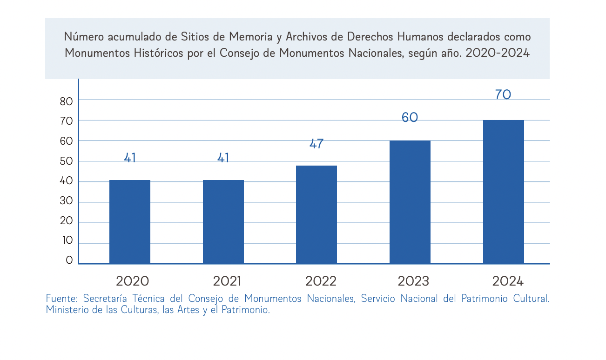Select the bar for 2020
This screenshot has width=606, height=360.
tap(130, 221)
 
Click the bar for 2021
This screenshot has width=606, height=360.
tap(223, 221)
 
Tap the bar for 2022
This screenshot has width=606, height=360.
tap(316, 214)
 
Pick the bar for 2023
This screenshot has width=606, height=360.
tap(410, 202)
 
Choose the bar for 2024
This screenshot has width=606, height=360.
tap(504, 192)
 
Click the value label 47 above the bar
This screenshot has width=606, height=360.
tap(316, 144)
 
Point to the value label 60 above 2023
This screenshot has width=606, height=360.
tap(410, 118)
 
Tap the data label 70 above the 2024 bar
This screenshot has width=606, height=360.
tap(503, 95)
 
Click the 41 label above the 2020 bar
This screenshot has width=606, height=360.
tap(130, 158)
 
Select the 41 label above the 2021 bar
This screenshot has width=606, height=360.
tap(223, 158)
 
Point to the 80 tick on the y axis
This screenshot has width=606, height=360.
tap(67, 102)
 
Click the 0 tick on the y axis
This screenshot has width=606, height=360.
tap(69, 260)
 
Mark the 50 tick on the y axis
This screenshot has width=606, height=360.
tap(67, 161)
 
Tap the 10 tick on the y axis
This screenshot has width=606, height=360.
tap(67, 240)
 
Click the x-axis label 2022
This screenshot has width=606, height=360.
tap(321, 281)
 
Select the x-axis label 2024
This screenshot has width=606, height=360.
tap(508, 281)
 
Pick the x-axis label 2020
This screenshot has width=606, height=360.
tap(133, 281)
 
